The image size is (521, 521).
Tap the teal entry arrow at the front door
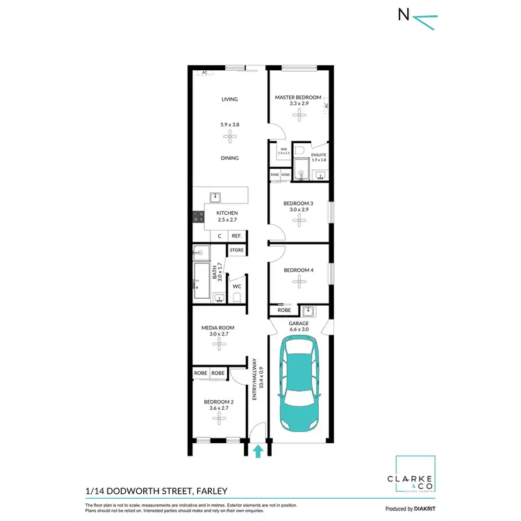pos(258,452)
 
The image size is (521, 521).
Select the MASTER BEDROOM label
pos(298,98)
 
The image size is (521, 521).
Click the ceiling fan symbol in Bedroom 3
pos(300,220)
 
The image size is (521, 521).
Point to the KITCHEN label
pos(227,213)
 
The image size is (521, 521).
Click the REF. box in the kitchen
pos(236,236)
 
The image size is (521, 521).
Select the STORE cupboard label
pos(237,249)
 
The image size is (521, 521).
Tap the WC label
pos(237,286)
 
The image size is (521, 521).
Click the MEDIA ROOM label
pos(217,327)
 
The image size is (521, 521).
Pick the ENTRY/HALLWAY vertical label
pos(255,379)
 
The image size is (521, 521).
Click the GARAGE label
pos(299,324)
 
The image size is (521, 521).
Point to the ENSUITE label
pos(319,154)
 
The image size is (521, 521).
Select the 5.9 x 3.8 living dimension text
pos(229,124)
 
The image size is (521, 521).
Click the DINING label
pos(229,158)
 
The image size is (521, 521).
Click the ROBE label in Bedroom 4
pos(283,310)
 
